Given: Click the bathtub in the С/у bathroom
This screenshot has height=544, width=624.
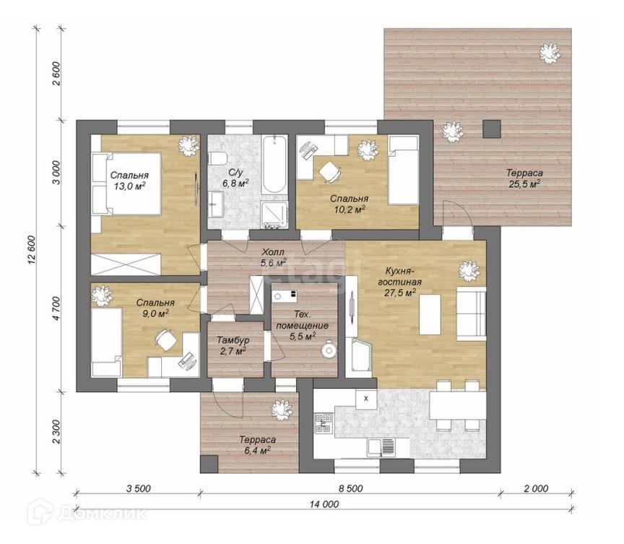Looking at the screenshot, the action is pos(274,164).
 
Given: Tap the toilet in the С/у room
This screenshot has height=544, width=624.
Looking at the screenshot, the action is pos(217,158).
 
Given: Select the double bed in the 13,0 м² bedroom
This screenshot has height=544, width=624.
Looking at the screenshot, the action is pos(126,184).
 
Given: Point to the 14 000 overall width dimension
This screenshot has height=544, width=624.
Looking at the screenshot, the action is pos(324,504).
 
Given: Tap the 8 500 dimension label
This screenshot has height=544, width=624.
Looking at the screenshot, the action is pos(350,488).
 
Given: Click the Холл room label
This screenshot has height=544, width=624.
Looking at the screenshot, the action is pos(272,252).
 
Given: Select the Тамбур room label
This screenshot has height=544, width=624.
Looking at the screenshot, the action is pos(233,340).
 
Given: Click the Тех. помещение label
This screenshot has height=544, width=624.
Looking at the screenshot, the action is pos(303,320).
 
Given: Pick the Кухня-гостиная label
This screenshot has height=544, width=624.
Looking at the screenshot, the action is pos(399,277).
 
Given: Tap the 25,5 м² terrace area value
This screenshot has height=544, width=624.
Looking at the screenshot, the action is pos(524,184).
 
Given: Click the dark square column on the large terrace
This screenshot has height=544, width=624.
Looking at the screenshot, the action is pos(492,129).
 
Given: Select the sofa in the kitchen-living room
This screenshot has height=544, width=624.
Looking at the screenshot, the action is pos(471,314).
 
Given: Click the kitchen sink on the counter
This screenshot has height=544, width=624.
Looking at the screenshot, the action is pos(381,446).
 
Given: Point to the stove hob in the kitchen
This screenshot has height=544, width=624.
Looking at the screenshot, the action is pos(323,423).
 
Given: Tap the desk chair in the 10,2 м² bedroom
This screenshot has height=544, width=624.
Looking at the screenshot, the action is pos(330,172).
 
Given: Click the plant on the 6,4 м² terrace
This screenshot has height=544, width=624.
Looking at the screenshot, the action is pos(282,410).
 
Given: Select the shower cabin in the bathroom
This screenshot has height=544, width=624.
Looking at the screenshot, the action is pos(274,215).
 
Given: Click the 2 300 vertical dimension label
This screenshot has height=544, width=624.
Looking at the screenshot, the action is pos(56,432).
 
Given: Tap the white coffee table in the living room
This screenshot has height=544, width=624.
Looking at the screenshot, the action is pos(430,314).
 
